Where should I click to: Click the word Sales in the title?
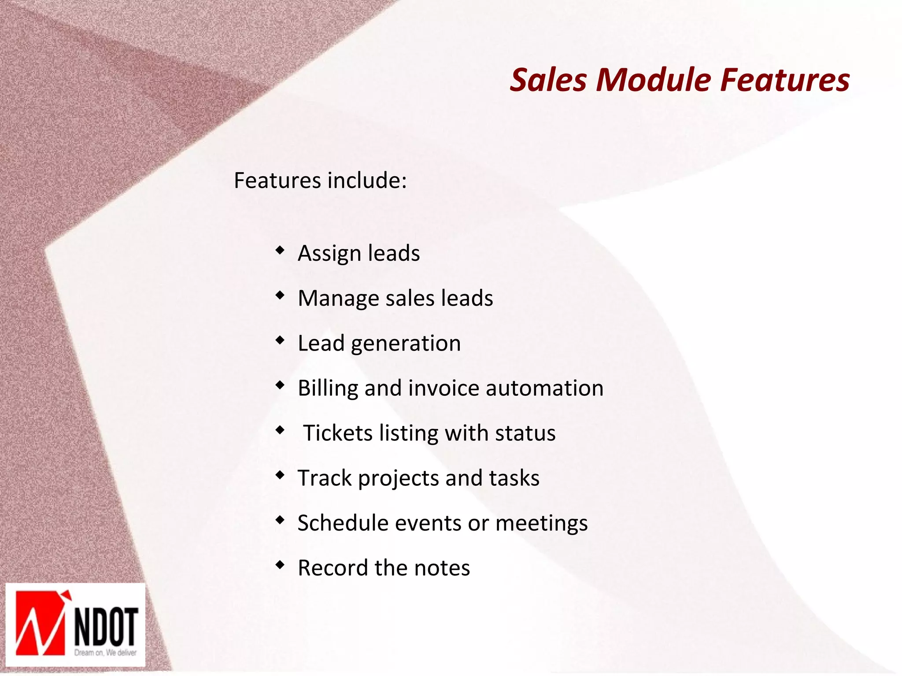548,80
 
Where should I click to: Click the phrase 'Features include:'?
320,181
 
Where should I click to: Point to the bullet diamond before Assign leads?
280,251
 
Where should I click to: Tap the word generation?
406,344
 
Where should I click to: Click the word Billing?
328,388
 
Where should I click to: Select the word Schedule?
343,523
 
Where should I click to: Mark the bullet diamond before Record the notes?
280,565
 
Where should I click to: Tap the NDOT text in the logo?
106,627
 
